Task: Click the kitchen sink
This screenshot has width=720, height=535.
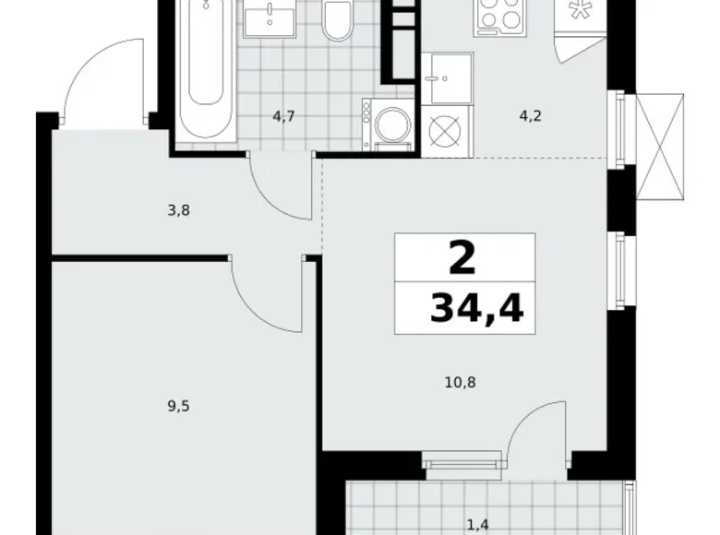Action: click(444, 76)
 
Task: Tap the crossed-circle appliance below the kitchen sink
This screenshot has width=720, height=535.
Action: click(445, 130)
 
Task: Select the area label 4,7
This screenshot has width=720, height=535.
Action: click(284, 117)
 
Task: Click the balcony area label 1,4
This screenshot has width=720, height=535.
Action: click(477, 526)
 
